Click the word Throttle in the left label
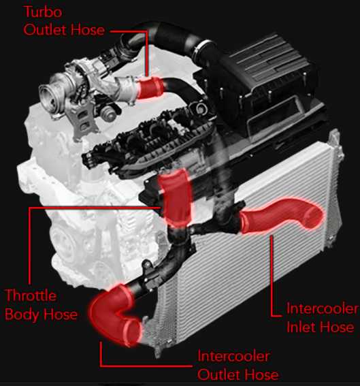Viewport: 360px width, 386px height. click(x=31, y=296)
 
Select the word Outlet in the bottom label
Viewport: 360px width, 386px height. click(x=219, y=374)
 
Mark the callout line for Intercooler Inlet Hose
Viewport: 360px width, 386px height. click(x=272, y=272)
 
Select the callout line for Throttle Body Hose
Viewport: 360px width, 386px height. click(x=30, y=238)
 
